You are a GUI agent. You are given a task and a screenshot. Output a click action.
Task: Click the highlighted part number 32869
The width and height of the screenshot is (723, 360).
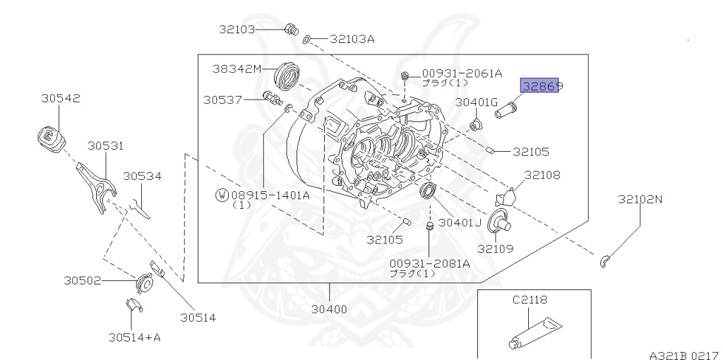click(540, 85)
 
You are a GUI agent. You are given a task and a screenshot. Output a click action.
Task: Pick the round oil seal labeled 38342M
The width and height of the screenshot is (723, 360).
click(289, 75)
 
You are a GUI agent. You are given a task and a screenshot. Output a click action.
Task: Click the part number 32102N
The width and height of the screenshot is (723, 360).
click(640, 199)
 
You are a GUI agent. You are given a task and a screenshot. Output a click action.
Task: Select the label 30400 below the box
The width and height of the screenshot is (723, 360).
click(330, 308)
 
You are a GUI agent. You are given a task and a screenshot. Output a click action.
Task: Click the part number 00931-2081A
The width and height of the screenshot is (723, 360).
click(429, 263)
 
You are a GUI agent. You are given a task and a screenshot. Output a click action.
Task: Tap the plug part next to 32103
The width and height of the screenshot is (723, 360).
click(289, 30)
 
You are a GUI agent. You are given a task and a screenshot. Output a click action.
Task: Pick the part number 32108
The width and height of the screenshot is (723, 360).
click(542, 174)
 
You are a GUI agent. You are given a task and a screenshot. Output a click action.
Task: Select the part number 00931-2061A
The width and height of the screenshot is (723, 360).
click(462, 73)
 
